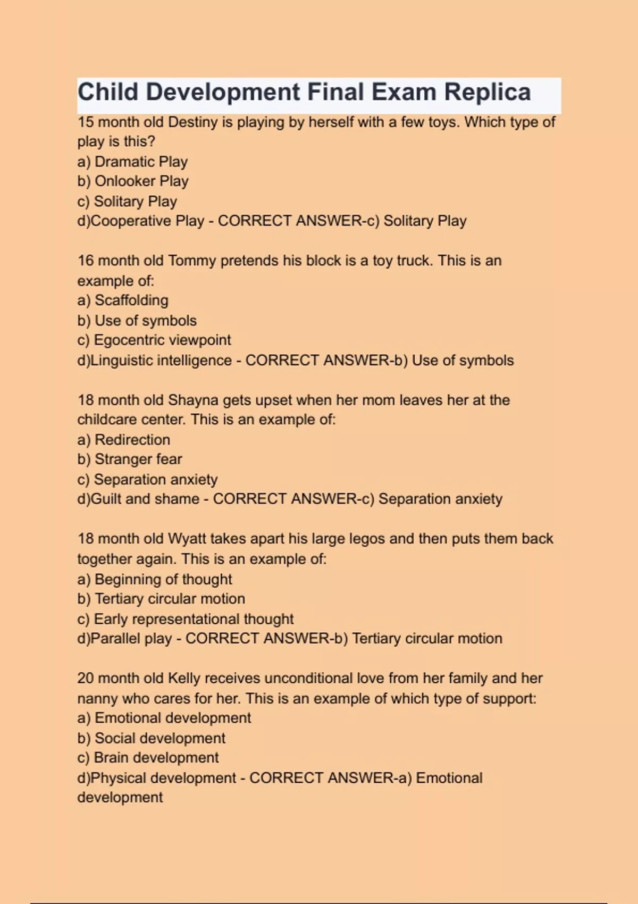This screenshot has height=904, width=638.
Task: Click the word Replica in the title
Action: [487, 93]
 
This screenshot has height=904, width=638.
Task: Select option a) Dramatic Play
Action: [132, 162]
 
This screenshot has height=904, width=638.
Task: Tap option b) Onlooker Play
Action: [133, 181]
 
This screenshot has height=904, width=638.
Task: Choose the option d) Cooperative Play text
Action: [141, 221]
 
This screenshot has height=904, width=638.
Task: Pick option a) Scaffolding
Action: [123, 300]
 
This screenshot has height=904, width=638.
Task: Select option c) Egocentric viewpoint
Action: [154, 340]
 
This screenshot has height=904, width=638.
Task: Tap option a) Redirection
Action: [124, 440]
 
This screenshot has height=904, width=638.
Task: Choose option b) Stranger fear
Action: [130, 459]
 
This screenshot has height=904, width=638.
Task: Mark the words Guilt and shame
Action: [145, 499]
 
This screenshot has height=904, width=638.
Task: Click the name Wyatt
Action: [187, 539]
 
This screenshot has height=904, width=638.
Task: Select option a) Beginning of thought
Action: [155, 579]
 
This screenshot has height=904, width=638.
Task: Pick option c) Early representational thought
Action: [185, 619]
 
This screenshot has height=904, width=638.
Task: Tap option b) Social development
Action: [151, 738]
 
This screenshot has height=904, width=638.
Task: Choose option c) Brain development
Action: [148, 758]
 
